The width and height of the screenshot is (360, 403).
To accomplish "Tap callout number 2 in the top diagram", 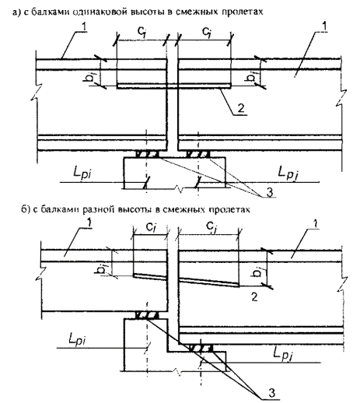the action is pos(241,108).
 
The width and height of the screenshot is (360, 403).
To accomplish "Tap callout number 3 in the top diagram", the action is pos(270,192).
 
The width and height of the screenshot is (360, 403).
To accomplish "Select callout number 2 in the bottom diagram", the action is pos(254,297).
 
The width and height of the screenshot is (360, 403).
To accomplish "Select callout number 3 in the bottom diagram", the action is pos(271,393).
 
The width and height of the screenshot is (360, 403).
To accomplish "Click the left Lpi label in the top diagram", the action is pos(82,173).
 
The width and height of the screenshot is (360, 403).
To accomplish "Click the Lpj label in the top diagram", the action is pos(288,173).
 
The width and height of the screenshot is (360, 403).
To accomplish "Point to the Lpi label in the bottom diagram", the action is pos(77,339).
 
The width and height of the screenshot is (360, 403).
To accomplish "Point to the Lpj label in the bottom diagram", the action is pos(284,353).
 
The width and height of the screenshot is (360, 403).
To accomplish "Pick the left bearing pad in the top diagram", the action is pos(147,155).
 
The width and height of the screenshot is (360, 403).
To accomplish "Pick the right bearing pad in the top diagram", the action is pos(198,155).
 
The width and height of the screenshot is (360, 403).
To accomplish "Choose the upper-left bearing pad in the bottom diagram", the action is pos(147,316).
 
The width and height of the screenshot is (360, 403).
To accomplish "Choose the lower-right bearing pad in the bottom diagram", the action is pos(201,349).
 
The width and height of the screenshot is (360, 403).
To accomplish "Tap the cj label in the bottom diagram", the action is pos(211,227).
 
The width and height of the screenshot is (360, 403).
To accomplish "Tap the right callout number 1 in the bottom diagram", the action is pos(316,224).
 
